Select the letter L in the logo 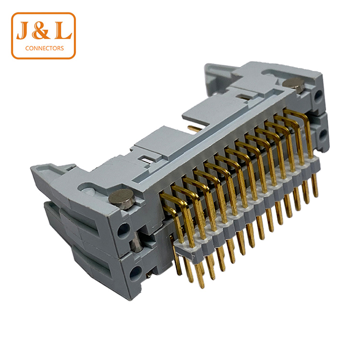coord(63,31)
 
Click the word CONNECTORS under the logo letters coord(44,48)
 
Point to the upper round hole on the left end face coord(123,230)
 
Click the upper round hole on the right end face coord(318,96)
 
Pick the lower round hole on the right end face coord(323,134)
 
